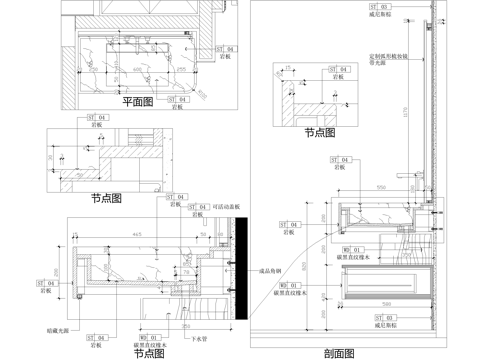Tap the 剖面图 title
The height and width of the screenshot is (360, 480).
pyautogui.click(x=341, y=352)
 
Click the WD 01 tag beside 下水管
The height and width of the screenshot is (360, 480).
pyautogui.click(x=150, y=338)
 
